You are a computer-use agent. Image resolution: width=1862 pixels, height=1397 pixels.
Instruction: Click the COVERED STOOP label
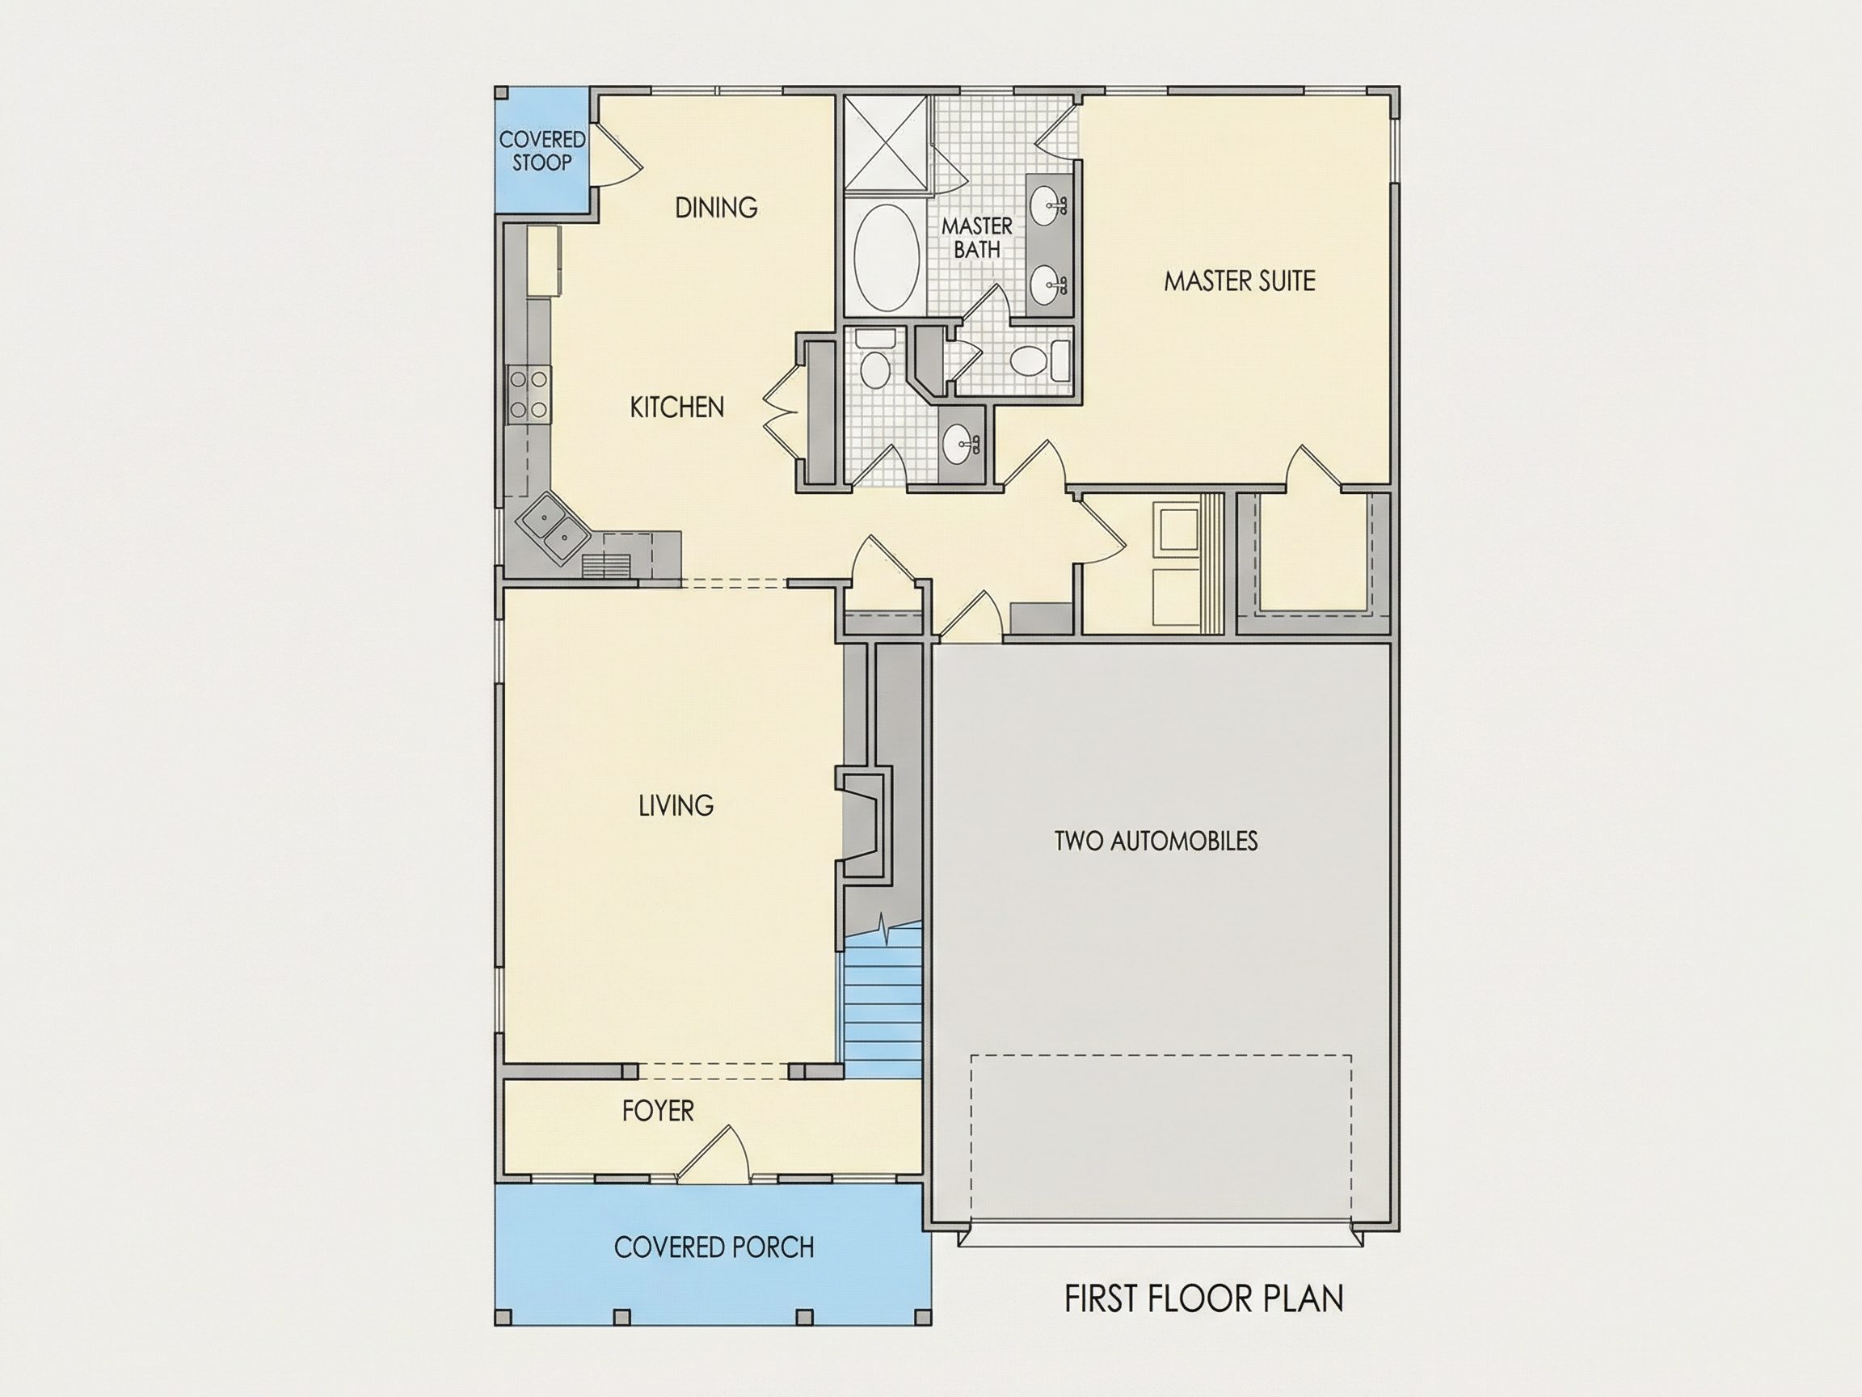(542, 150)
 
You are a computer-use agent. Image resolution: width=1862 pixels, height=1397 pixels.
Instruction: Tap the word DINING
(716, 207)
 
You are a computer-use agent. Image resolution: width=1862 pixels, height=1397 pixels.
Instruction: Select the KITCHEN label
(676, 407)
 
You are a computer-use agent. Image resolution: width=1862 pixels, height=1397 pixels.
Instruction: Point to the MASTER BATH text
(976, 238)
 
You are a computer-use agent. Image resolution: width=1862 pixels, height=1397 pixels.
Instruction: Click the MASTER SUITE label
(1239, 281)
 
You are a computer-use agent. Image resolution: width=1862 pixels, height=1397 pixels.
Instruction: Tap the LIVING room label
(676, 806)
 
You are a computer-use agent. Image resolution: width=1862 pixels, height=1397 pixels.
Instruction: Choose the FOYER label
(659, 1111)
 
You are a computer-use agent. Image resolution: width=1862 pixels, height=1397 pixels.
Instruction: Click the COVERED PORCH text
(714, 1247)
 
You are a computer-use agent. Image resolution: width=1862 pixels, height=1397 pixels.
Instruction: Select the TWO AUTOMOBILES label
(1156, 841)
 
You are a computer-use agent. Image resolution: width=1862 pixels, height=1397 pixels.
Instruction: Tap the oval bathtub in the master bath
(886, 257)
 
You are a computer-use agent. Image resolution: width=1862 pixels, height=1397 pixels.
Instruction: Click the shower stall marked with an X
(887, 143)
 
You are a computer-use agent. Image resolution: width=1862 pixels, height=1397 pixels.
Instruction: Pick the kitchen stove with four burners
(528, 395)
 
